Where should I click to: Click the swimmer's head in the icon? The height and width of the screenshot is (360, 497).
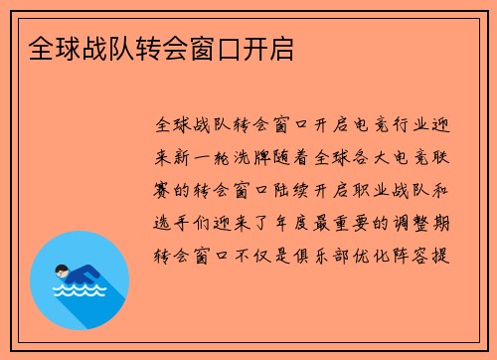coord(62,270)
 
